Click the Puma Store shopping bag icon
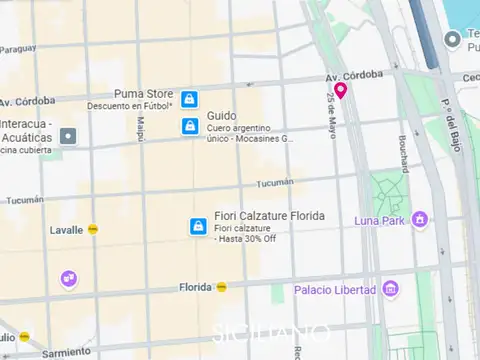(188, 99)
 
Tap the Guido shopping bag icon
(188, 126)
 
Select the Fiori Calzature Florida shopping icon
(198, 227)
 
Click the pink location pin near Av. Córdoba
(340, 91)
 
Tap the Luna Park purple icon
(420, 219)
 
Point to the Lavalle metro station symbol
(93, 230)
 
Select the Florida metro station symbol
(222, 287)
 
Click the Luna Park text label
(381, 220)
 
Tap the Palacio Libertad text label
(334, 291)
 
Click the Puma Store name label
(143, 94)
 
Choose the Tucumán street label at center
(275, 183)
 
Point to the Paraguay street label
(17, 48)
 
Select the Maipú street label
(140, 127)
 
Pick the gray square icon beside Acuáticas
(67, 136)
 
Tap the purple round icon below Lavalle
(68, 279)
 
